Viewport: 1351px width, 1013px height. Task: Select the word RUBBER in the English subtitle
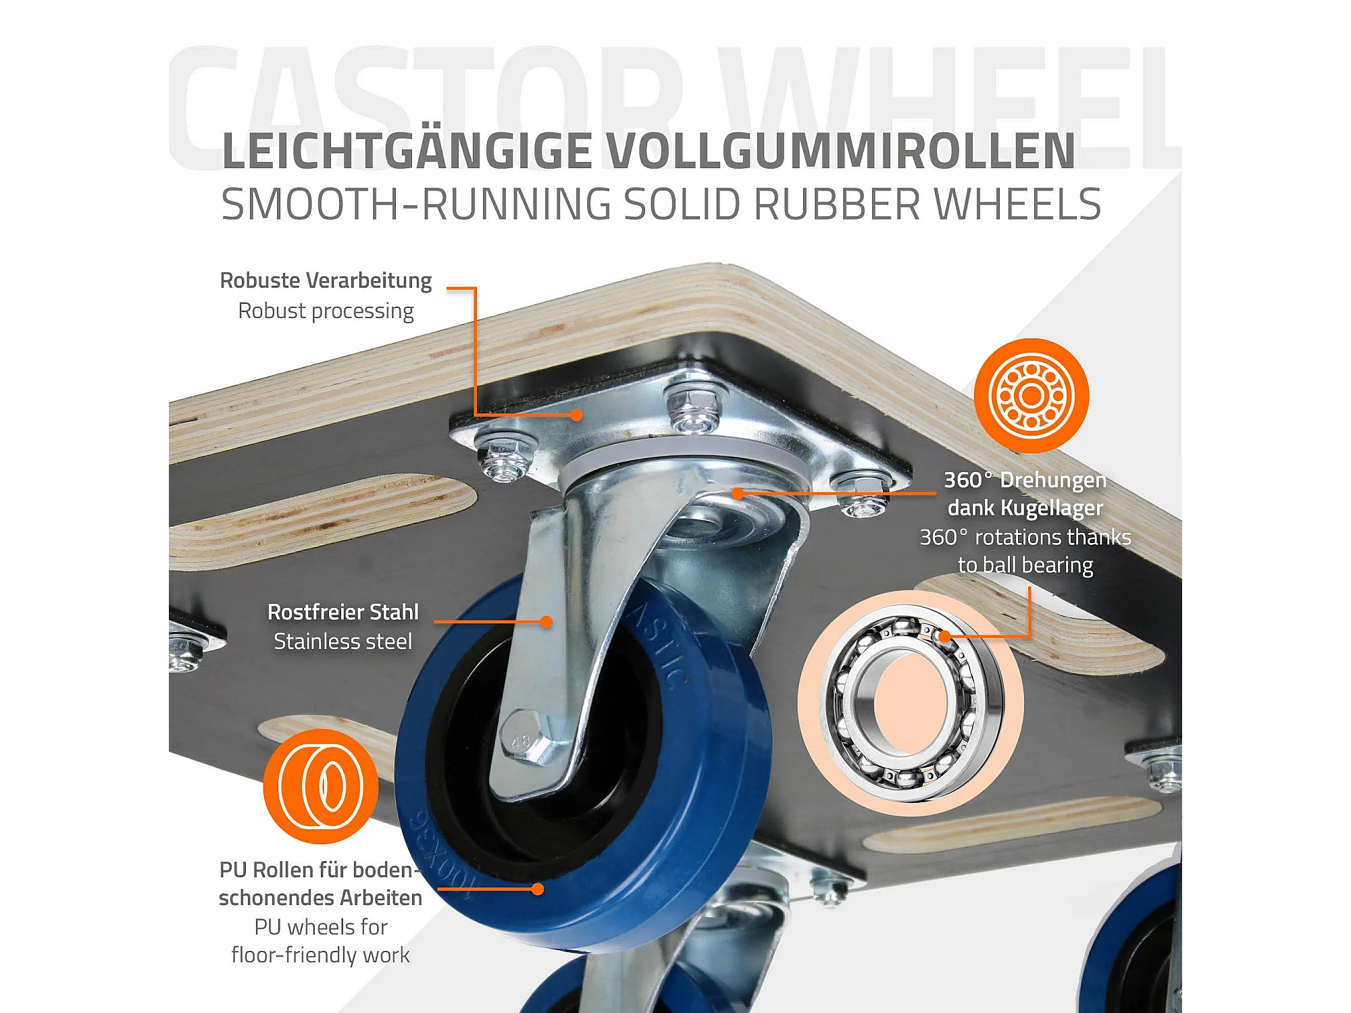837,204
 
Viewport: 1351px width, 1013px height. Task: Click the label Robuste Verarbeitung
326,280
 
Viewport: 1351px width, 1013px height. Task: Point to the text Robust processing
326,311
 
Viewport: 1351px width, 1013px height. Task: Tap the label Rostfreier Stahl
343,612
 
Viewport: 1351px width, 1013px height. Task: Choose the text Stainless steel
342,641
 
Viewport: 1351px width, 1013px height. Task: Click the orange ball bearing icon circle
1031,396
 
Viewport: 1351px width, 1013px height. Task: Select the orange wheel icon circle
321,786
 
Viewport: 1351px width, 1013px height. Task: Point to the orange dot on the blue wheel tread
538,889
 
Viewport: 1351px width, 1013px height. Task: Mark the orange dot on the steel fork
546,621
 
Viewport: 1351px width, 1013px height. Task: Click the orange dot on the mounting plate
576,415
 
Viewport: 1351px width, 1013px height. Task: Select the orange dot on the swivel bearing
738,494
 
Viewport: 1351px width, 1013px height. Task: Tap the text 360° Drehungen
1025,479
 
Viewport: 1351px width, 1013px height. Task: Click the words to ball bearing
1025,565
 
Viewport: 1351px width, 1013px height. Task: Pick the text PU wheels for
321,927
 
